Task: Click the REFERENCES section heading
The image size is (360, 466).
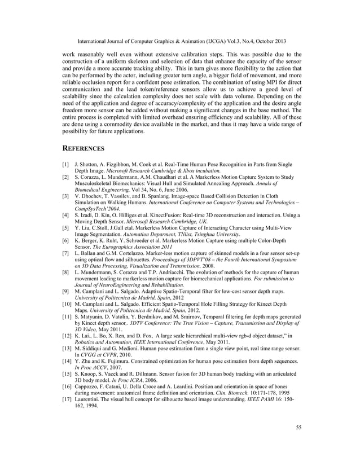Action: click(x=83, y=149)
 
